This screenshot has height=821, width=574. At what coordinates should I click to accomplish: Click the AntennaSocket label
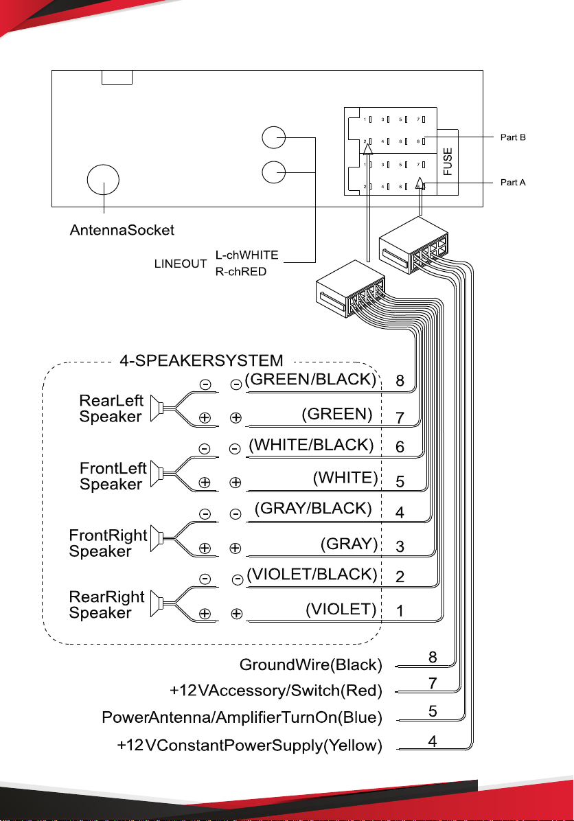[122, 230]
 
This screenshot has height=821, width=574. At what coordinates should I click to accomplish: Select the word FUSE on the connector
[447, 161]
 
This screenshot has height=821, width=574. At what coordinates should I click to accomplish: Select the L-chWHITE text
[246, 255]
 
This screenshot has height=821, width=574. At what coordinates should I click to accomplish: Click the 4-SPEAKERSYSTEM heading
[201, 360]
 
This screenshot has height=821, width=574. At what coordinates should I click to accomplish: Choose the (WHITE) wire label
[345, 478]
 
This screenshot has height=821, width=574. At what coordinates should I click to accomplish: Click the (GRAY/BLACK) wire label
[314, 509]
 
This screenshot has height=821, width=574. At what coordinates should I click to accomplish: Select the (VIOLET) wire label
[341, 609]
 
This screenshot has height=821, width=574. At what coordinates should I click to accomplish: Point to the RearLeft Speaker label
[111, 408]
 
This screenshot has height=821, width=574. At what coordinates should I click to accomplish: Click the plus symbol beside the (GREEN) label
[236, 417]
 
